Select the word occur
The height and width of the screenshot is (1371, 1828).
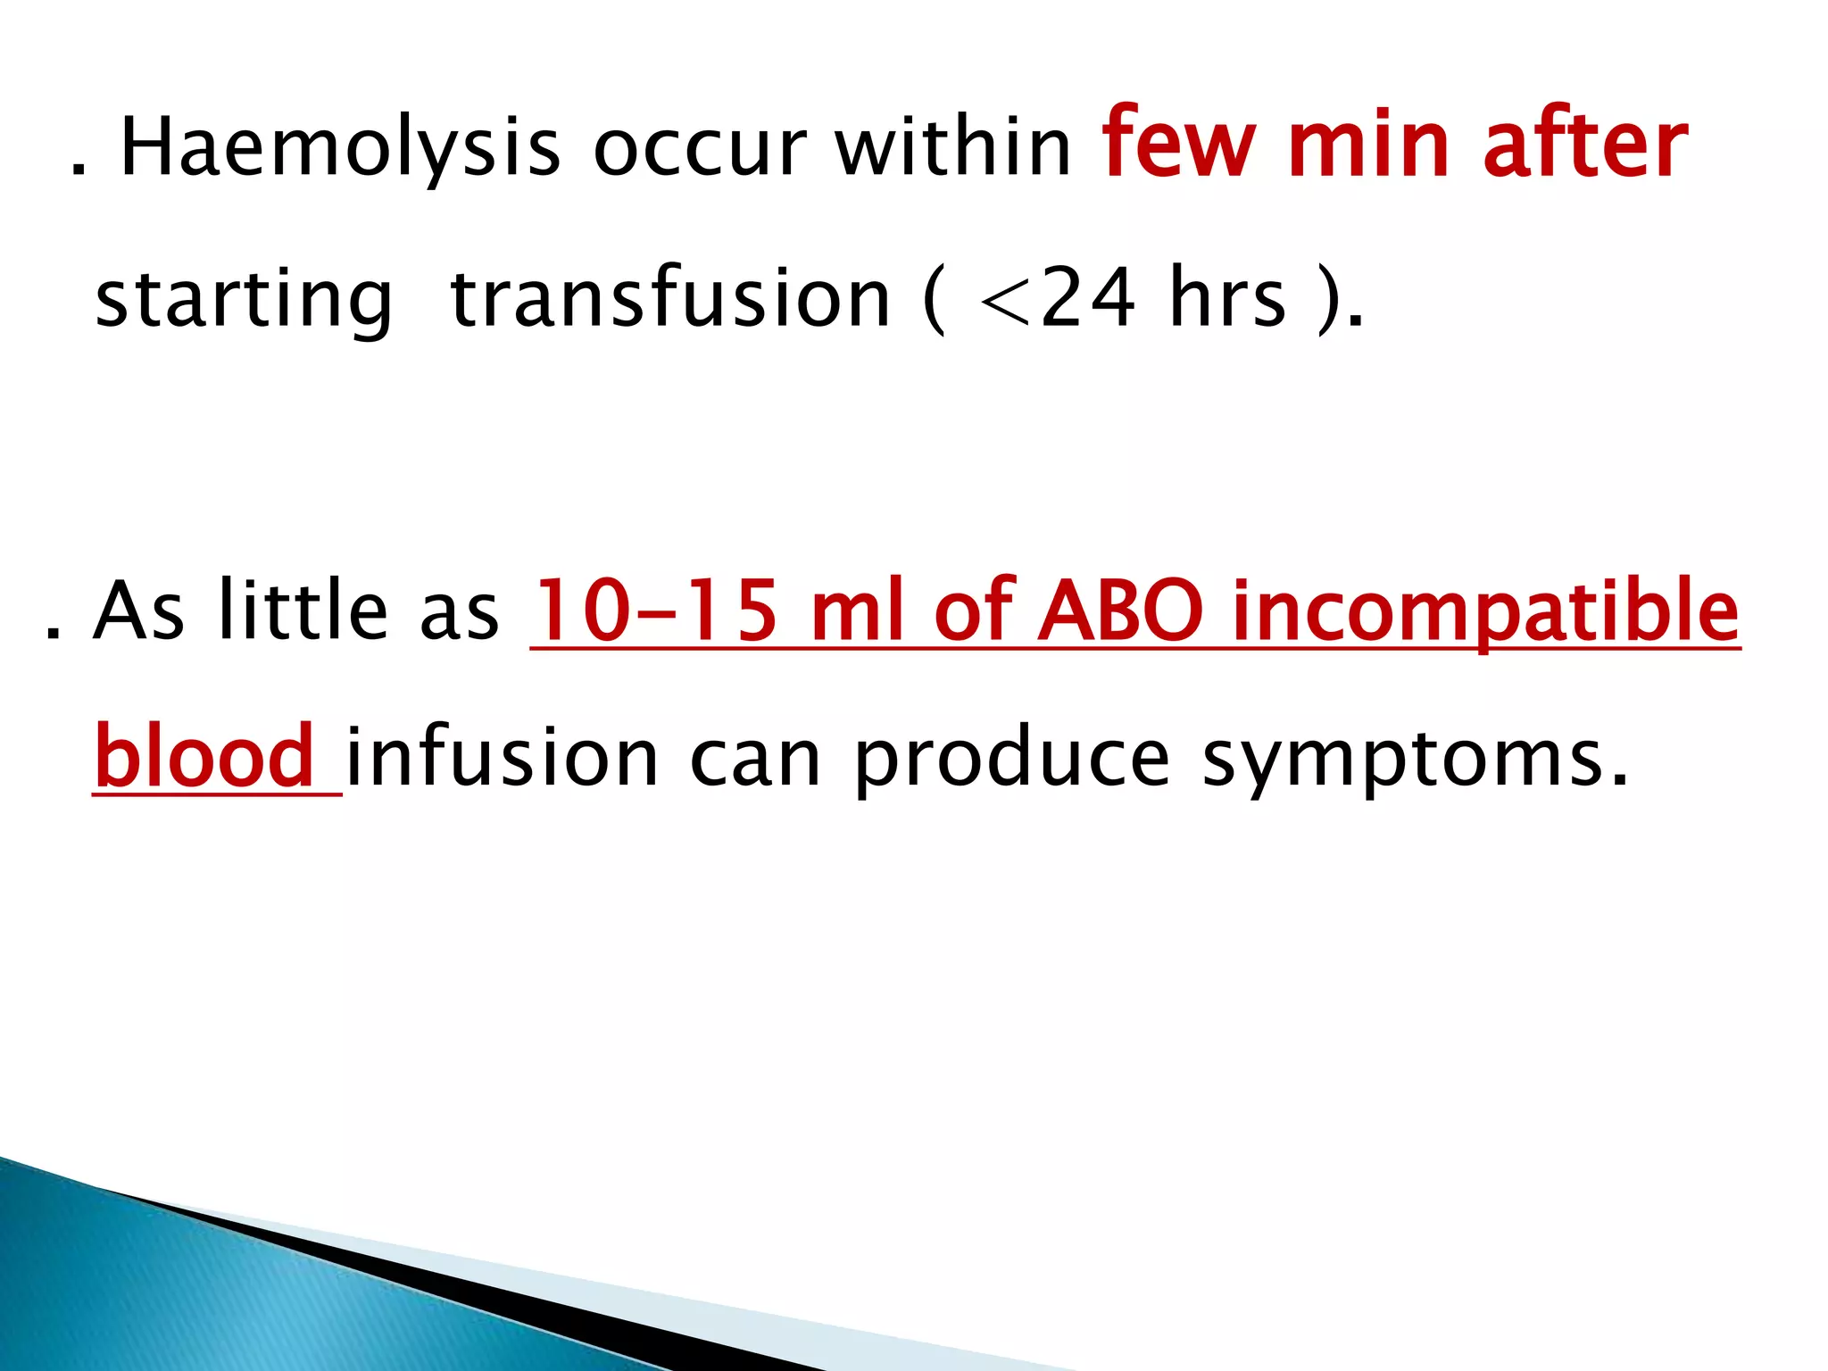700,148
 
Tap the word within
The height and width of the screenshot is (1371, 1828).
953,146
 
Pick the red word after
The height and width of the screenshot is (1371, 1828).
1585,143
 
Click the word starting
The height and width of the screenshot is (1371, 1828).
244,299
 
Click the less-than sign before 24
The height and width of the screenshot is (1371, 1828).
1006,304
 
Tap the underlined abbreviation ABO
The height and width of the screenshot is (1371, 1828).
1121,611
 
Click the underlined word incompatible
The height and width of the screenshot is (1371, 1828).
1485,612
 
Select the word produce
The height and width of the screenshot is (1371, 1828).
1011,759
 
